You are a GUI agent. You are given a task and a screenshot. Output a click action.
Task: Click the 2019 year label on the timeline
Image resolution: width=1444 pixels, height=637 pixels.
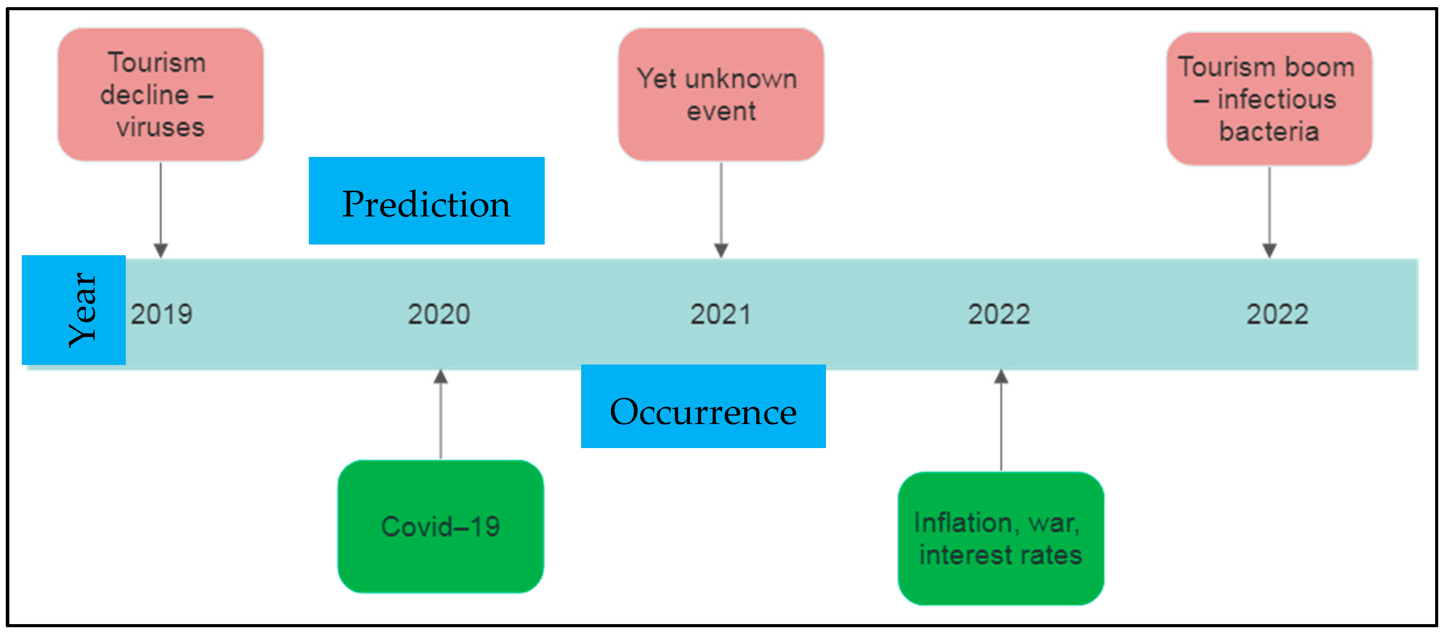pyautogui.click(x=161, y=314)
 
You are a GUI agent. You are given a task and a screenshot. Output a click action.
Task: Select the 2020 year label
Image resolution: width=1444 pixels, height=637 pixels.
pyautogui.click(x=439, y=314)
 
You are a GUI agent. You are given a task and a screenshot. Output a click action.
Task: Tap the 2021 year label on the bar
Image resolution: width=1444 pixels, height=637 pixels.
pyautogui.click(x=720, y=314)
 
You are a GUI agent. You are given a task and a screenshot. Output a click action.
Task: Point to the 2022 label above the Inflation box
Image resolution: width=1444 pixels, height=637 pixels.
pyautogui.click(x=999, y=314)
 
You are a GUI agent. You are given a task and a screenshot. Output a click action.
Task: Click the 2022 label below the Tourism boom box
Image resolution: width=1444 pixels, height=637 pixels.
pyautogui.click(x=1277, y=314)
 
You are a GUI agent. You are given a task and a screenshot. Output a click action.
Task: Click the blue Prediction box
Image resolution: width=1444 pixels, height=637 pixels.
pyautogui.click(x=426, y=201)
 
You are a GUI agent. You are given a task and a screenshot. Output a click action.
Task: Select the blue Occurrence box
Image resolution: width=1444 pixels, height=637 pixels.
pyautogui.click(x=703, y=407)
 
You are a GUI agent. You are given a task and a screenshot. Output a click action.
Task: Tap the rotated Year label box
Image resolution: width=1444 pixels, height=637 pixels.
pyautogui.click(x=73, y=310)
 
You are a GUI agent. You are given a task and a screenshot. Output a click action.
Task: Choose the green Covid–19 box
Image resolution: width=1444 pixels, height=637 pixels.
pyautogui.click(x=441, y=526)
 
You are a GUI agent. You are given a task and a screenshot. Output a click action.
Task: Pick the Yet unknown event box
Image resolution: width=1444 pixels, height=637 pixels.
pyautogui.click(x=721, y=94)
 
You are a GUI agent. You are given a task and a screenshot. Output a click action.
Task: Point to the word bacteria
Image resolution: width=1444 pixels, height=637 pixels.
pyautogui.click(x=1268, y=132)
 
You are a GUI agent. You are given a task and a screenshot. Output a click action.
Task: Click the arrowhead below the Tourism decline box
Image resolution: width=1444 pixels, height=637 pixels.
pyautogui.click(x=161, y=250)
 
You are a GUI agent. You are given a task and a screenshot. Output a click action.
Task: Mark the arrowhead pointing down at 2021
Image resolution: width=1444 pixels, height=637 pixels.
pyautogui.click(x=721, y=250)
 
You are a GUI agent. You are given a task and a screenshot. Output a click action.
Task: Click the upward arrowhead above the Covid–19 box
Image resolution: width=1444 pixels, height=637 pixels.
pyautogui.click(x=441, y=377)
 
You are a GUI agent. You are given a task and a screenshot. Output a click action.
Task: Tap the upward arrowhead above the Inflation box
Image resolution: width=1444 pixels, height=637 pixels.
pyautogui.click(x=1001, y=377)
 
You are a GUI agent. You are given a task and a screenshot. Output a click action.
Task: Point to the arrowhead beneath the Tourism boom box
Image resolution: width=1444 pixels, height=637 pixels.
pyautogui.click(x=1269, y=250)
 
